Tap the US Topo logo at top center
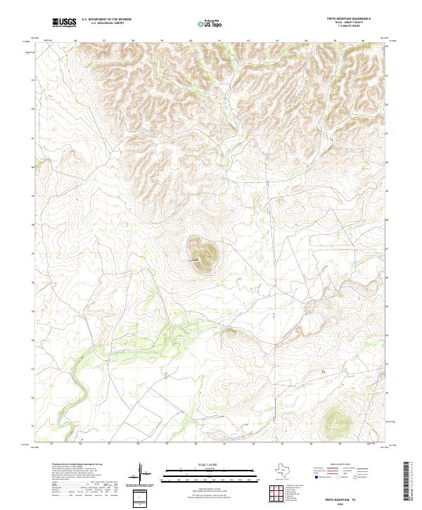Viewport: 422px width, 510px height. pyautogui.click(x=212, y=23)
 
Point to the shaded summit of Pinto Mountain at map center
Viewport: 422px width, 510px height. pyautogui.click(x=202, y=254)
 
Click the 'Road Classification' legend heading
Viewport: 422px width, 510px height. pyautogui.click(x=336, y=465)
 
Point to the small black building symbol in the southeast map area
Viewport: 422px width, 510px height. pyautogui.click(x=324, y=371)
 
